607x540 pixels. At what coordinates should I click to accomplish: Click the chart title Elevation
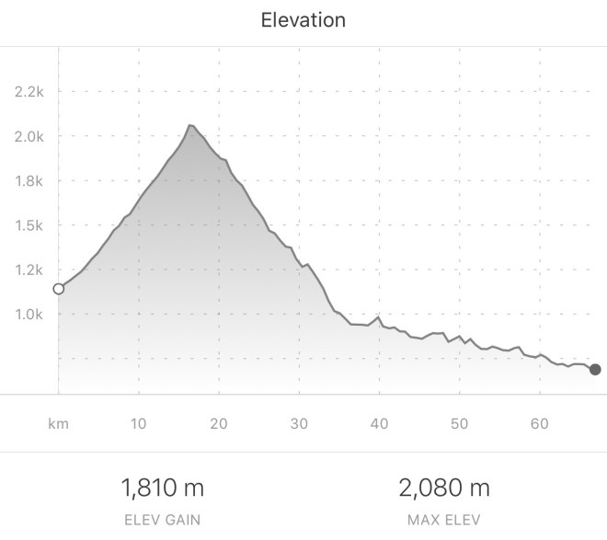coord(303,20)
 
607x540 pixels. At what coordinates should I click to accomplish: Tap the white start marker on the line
coord(59,289)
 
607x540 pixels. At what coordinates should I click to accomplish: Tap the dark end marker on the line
coord(595,369)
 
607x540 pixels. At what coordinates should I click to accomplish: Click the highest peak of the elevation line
coord(189,125)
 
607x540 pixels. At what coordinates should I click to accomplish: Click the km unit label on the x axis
coord(59,424)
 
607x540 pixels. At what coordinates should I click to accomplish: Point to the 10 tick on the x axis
coord(138,424)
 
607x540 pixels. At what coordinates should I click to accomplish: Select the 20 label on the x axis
coord(219,424)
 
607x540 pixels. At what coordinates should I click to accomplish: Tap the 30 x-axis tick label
coord(299,424)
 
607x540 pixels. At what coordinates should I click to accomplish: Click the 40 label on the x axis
coord(379,424)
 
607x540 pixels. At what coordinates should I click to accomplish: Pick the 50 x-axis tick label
coord(459,424)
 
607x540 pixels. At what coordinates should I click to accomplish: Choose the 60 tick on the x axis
coord(540,424)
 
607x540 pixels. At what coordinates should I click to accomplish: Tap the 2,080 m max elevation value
coord(444,487)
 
